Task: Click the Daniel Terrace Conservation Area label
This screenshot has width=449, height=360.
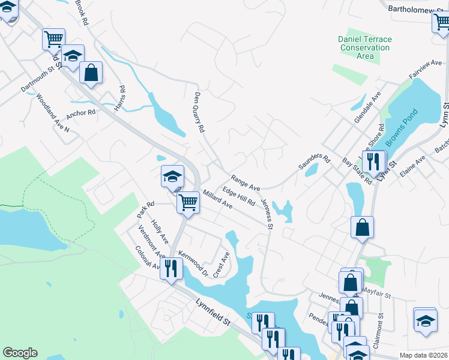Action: (x=364, y=47)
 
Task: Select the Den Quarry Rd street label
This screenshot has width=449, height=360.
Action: (x=200, y=112)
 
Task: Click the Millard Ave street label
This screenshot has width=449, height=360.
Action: (x=217, y=199)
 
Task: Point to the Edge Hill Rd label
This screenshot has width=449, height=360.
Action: (x=238, y=196)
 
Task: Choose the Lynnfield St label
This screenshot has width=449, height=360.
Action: (x=213, y=313)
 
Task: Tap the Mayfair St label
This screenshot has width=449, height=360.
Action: (x=376, y=296)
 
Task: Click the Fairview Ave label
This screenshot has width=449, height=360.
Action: (x=426, y=70)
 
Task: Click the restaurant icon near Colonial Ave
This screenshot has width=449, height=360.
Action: (x=170, y=268)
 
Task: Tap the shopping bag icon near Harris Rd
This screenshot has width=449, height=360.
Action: (x=91, y=73)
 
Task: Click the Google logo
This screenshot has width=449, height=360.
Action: (x=20, y=353)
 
